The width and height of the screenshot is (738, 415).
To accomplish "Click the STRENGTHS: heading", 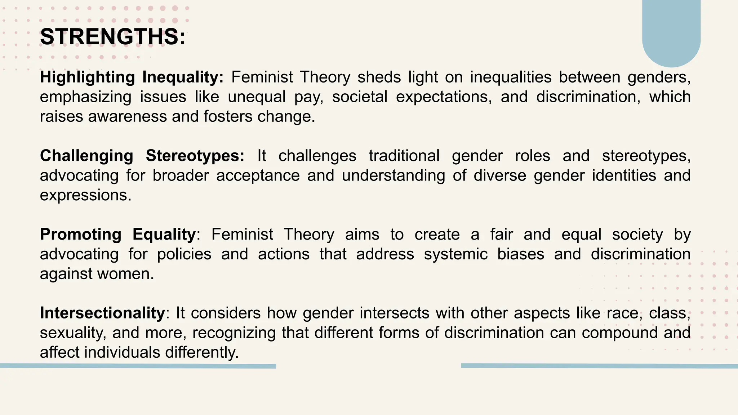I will click(113, 37).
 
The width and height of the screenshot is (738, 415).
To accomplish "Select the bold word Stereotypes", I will click(195, 156).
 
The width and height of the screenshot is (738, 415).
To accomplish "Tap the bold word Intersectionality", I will click(102, 313).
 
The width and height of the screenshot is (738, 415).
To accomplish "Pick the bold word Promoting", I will click(81, 235).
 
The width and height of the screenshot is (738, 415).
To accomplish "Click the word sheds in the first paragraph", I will click(379, 77).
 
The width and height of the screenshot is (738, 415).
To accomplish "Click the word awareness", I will click(128, 117).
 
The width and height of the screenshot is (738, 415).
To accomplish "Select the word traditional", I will click(404, 156).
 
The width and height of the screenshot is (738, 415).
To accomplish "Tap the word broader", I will click(181, 176).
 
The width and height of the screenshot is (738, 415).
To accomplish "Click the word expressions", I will click(85, 196).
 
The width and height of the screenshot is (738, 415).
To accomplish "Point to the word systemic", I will click(455, 254).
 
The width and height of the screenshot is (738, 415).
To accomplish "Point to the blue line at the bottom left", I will click(138, 366).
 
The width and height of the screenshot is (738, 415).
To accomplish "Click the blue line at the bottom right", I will click(599, 366).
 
